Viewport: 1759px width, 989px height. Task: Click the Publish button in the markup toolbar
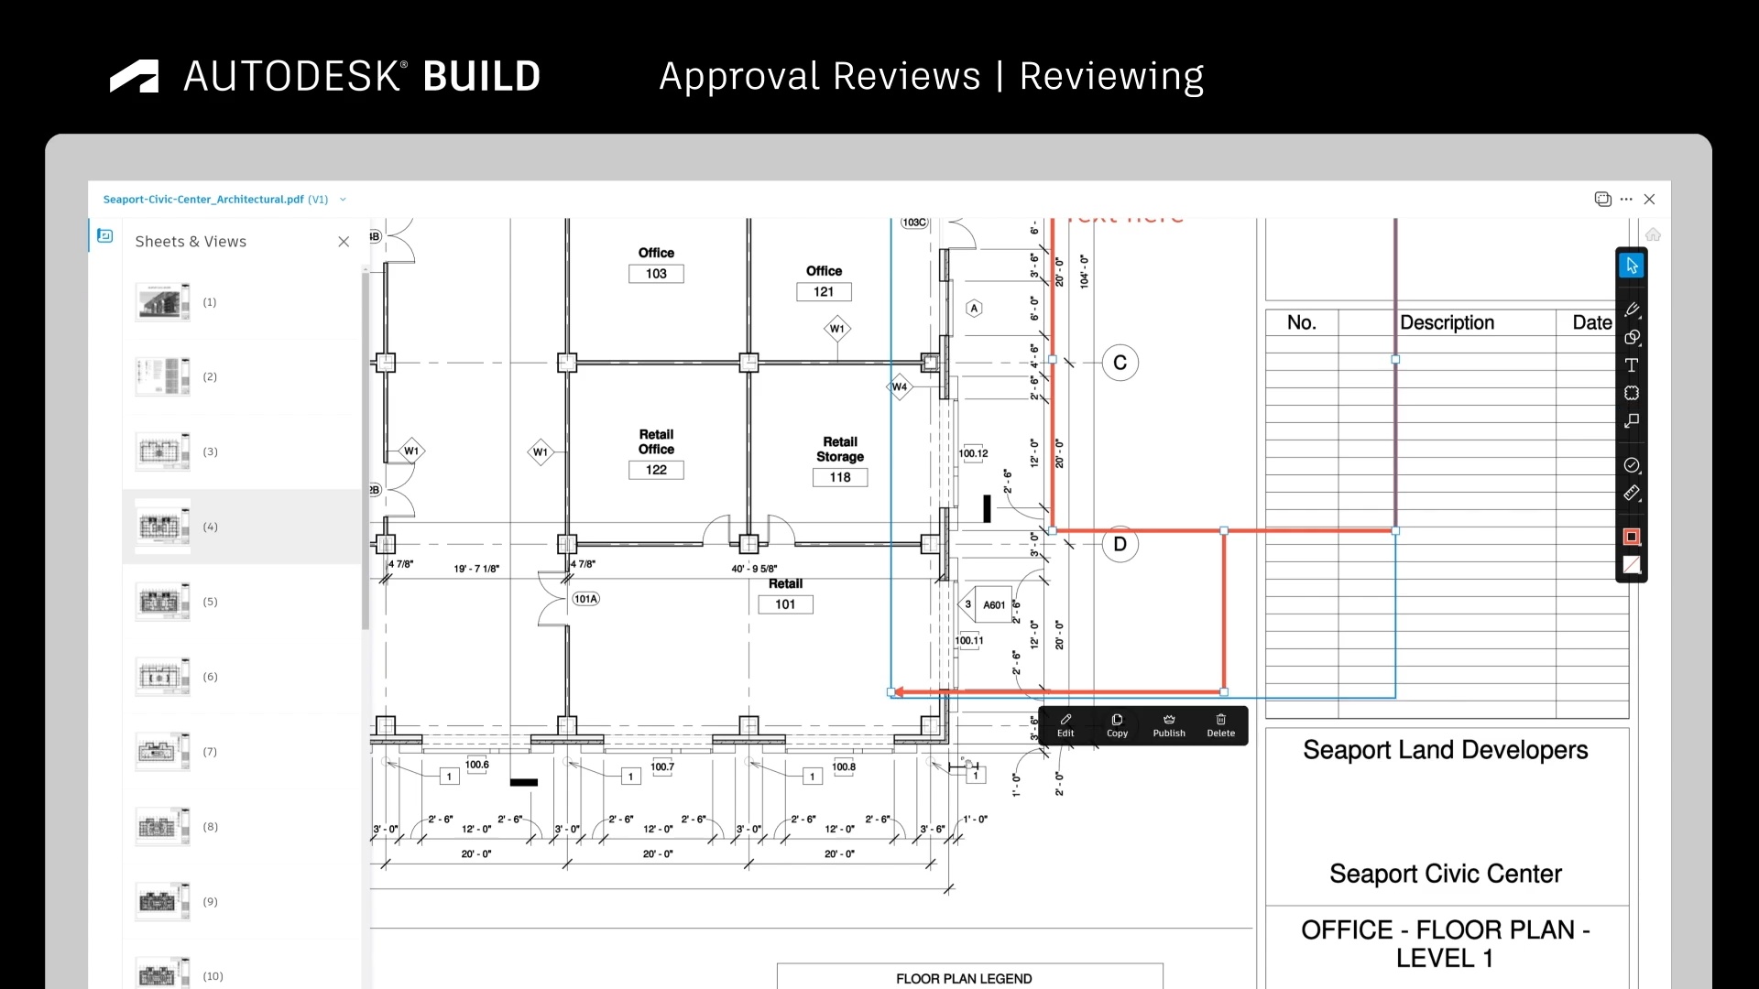[1169, 725]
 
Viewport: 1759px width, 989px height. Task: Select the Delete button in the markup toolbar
[1220, 725]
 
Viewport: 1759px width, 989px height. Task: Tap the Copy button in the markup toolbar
[1117, 725]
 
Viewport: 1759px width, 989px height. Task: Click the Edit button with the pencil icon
[1065, 725]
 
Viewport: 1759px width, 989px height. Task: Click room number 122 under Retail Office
[656, 470]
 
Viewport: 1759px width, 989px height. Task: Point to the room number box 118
[840, 477]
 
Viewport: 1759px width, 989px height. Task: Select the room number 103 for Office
[656, 274]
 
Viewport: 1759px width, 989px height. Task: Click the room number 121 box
[824, 292]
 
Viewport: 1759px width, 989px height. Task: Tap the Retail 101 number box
[785, 604]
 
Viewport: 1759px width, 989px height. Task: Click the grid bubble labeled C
[1120, 363]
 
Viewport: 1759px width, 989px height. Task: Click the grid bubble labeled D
[1120, 544]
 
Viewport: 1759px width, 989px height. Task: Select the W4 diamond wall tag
[900, 386]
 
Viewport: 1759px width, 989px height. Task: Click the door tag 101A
[586, 599]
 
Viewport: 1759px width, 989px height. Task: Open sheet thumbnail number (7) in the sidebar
[163, 752]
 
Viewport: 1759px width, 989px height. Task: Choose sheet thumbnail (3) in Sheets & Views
[163, 451]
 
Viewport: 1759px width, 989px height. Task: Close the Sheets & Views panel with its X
[344, 242]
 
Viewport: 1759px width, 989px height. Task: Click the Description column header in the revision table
[1447, 322]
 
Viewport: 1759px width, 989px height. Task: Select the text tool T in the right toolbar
[1632, 365]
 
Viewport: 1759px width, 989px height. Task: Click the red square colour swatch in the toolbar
[1632, 537]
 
